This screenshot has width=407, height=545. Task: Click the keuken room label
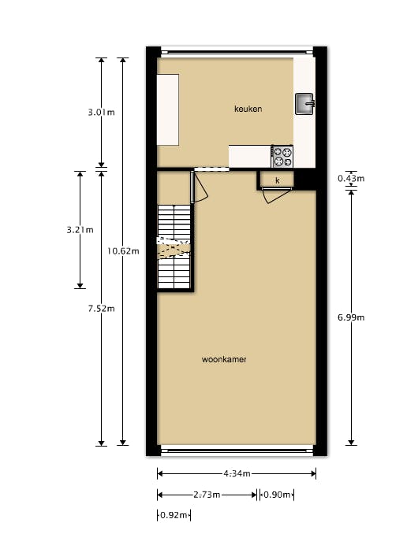(248, 109)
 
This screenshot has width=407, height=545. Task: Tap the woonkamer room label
(224, 359)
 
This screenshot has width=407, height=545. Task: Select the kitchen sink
(304, 104)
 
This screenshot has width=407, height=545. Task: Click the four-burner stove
(282, 157)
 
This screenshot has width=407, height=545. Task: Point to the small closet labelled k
(278, 180)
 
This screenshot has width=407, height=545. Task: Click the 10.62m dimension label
(123, 251)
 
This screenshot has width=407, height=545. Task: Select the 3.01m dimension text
(101, 113)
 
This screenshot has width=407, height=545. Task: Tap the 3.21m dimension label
(80, 230)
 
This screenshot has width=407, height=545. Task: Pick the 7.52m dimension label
(101, 308)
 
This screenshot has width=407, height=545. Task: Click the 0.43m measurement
(351, 178)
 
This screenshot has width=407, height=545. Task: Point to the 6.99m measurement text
(351, 317)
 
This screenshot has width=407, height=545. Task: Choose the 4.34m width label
(237, 473)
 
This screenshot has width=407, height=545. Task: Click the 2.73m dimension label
(207, 495)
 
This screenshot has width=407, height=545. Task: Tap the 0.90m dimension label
(277, 495)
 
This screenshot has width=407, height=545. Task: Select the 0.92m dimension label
(174, 515)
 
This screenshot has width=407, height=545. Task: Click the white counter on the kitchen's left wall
(168, 109)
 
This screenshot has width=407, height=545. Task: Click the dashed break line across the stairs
(174, 248)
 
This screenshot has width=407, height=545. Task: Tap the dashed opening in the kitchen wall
(211, 169)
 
